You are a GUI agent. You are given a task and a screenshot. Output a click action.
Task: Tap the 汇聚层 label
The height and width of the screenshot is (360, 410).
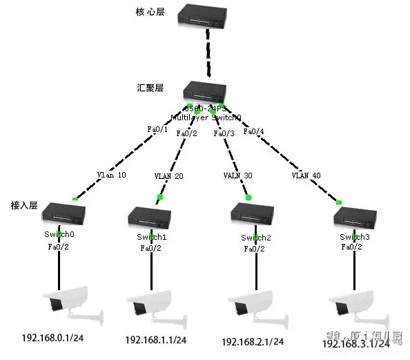coord(150,88)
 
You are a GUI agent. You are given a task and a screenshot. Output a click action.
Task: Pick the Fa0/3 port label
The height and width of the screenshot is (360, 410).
coord(226,133)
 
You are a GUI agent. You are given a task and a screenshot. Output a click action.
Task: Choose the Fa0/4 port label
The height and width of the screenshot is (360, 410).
coord(254,131)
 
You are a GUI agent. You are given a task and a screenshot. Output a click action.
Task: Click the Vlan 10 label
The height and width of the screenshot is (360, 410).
coord(112,175)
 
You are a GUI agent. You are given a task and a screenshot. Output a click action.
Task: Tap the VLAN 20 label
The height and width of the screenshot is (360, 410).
coord(168,176)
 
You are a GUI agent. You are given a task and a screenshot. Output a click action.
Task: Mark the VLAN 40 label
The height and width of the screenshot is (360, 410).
coord(305,176)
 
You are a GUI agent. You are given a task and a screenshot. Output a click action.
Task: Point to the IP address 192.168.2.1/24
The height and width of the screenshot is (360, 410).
coord(253,341)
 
